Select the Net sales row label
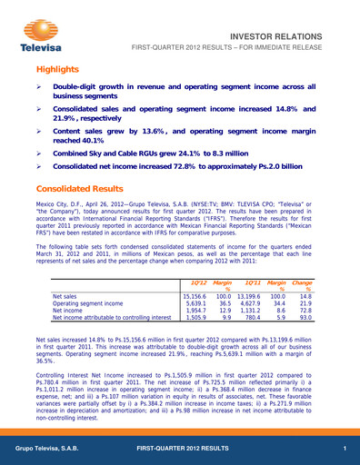coord(65,271)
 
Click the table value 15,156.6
coord(194,271)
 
